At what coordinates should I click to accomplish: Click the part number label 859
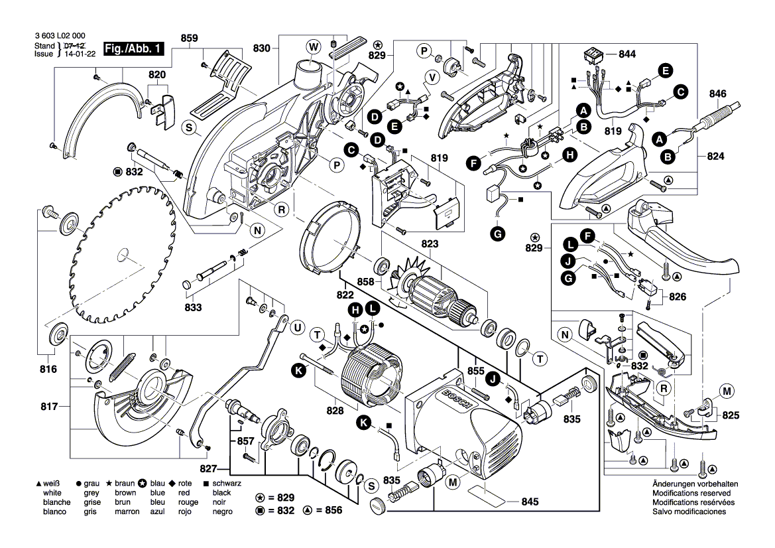[189, 39]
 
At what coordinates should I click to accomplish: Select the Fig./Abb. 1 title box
[133, 50]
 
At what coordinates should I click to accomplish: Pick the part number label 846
[719, 94]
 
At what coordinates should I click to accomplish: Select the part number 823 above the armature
[430, 243]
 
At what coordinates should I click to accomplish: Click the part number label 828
[335, 411]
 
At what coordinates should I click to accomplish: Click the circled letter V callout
[431, 76]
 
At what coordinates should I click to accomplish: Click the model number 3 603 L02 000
[58, 36]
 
